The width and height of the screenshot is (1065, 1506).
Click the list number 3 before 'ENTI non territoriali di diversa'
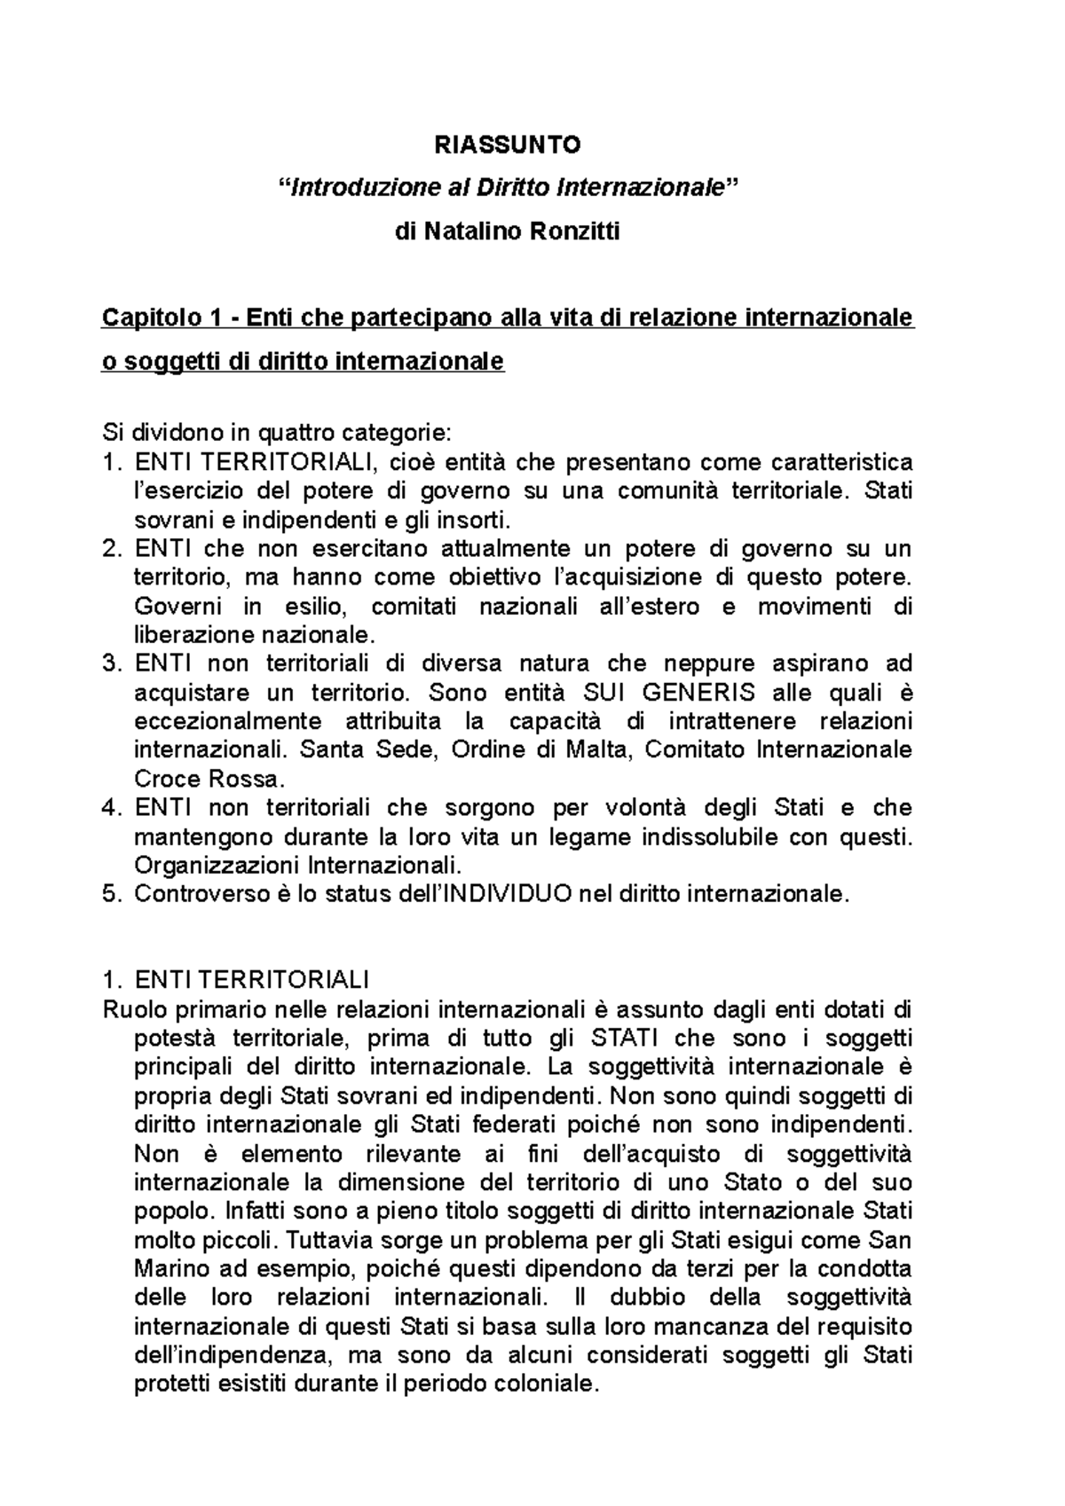click(110, 663)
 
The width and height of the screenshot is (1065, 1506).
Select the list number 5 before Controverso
click(110, 894)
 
